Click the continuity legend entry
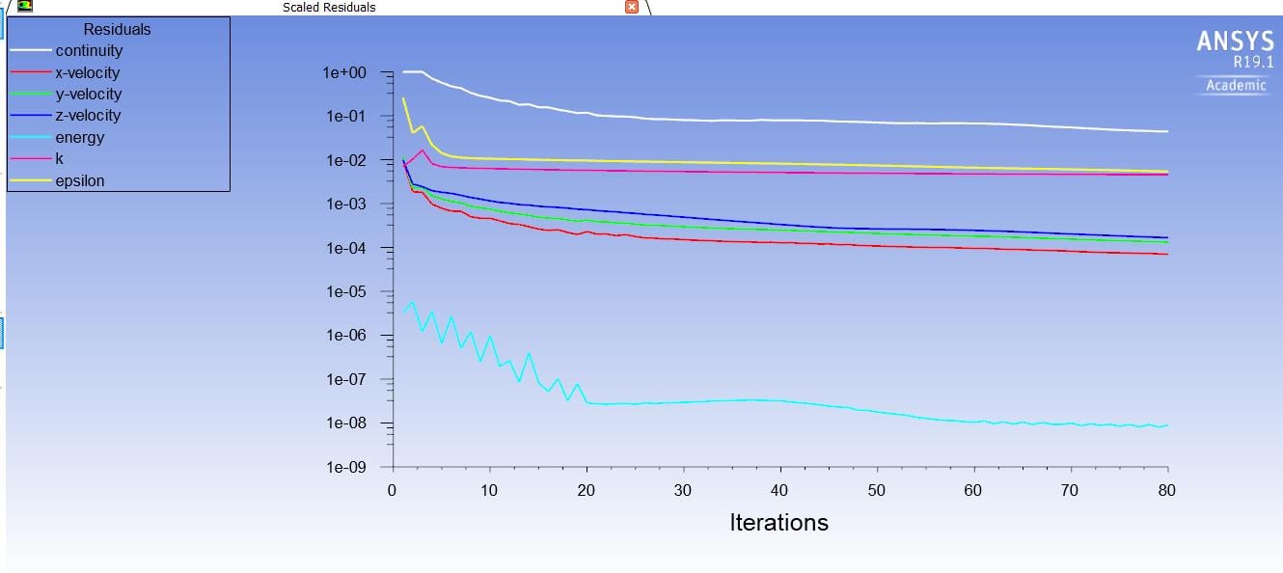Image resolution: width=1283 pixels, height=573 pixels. [89, 51]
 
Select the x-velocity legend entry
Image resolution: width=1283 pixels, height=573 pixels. [88, 73]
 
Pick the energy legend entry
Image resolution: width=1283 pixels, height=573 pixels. [79, 138]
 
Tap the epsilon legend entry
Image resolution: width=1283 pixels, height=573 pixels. [80, 181]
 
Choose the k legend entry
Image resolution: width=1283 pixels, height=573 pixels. [60, 159]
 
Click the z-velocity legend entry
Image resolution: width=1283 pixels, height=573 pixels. [88, 116]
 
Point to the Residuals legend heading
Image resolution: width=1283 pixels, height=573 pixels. [118, 30]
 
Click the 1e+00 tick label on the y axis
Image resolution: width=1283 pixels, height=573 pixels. [344, 72]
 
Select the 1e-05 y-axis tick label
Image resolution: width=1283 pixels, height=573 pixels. [344, 292]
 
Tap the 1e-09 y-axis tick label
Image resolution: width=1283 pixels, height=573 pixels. [344, 468]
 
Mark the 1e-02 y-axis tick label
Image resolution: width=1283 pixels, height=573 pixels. [344, 160]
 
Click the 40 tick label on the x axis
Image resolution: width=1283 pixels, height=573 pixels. [779, 491]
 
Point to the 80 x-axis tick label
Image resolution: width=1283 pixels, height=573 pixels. [1166, 491]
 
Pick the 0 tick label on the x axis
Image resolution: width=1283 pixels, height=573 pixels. [392, 491]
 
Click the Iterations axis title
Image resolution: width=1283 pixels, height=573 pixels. [778, 523]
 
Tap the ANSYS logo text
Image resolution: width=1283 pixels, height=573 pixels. [1234, 41]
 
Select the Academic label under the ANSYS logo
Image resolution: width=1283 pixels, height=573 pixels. [1236, 86]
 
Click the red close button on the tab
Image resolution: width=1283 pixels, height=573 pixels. [632, 7]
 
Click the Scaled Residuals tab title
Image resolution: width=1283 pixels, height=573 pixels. [329, 7]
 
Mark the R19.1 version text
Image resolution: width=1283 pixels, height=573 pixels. [1253, 62]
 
